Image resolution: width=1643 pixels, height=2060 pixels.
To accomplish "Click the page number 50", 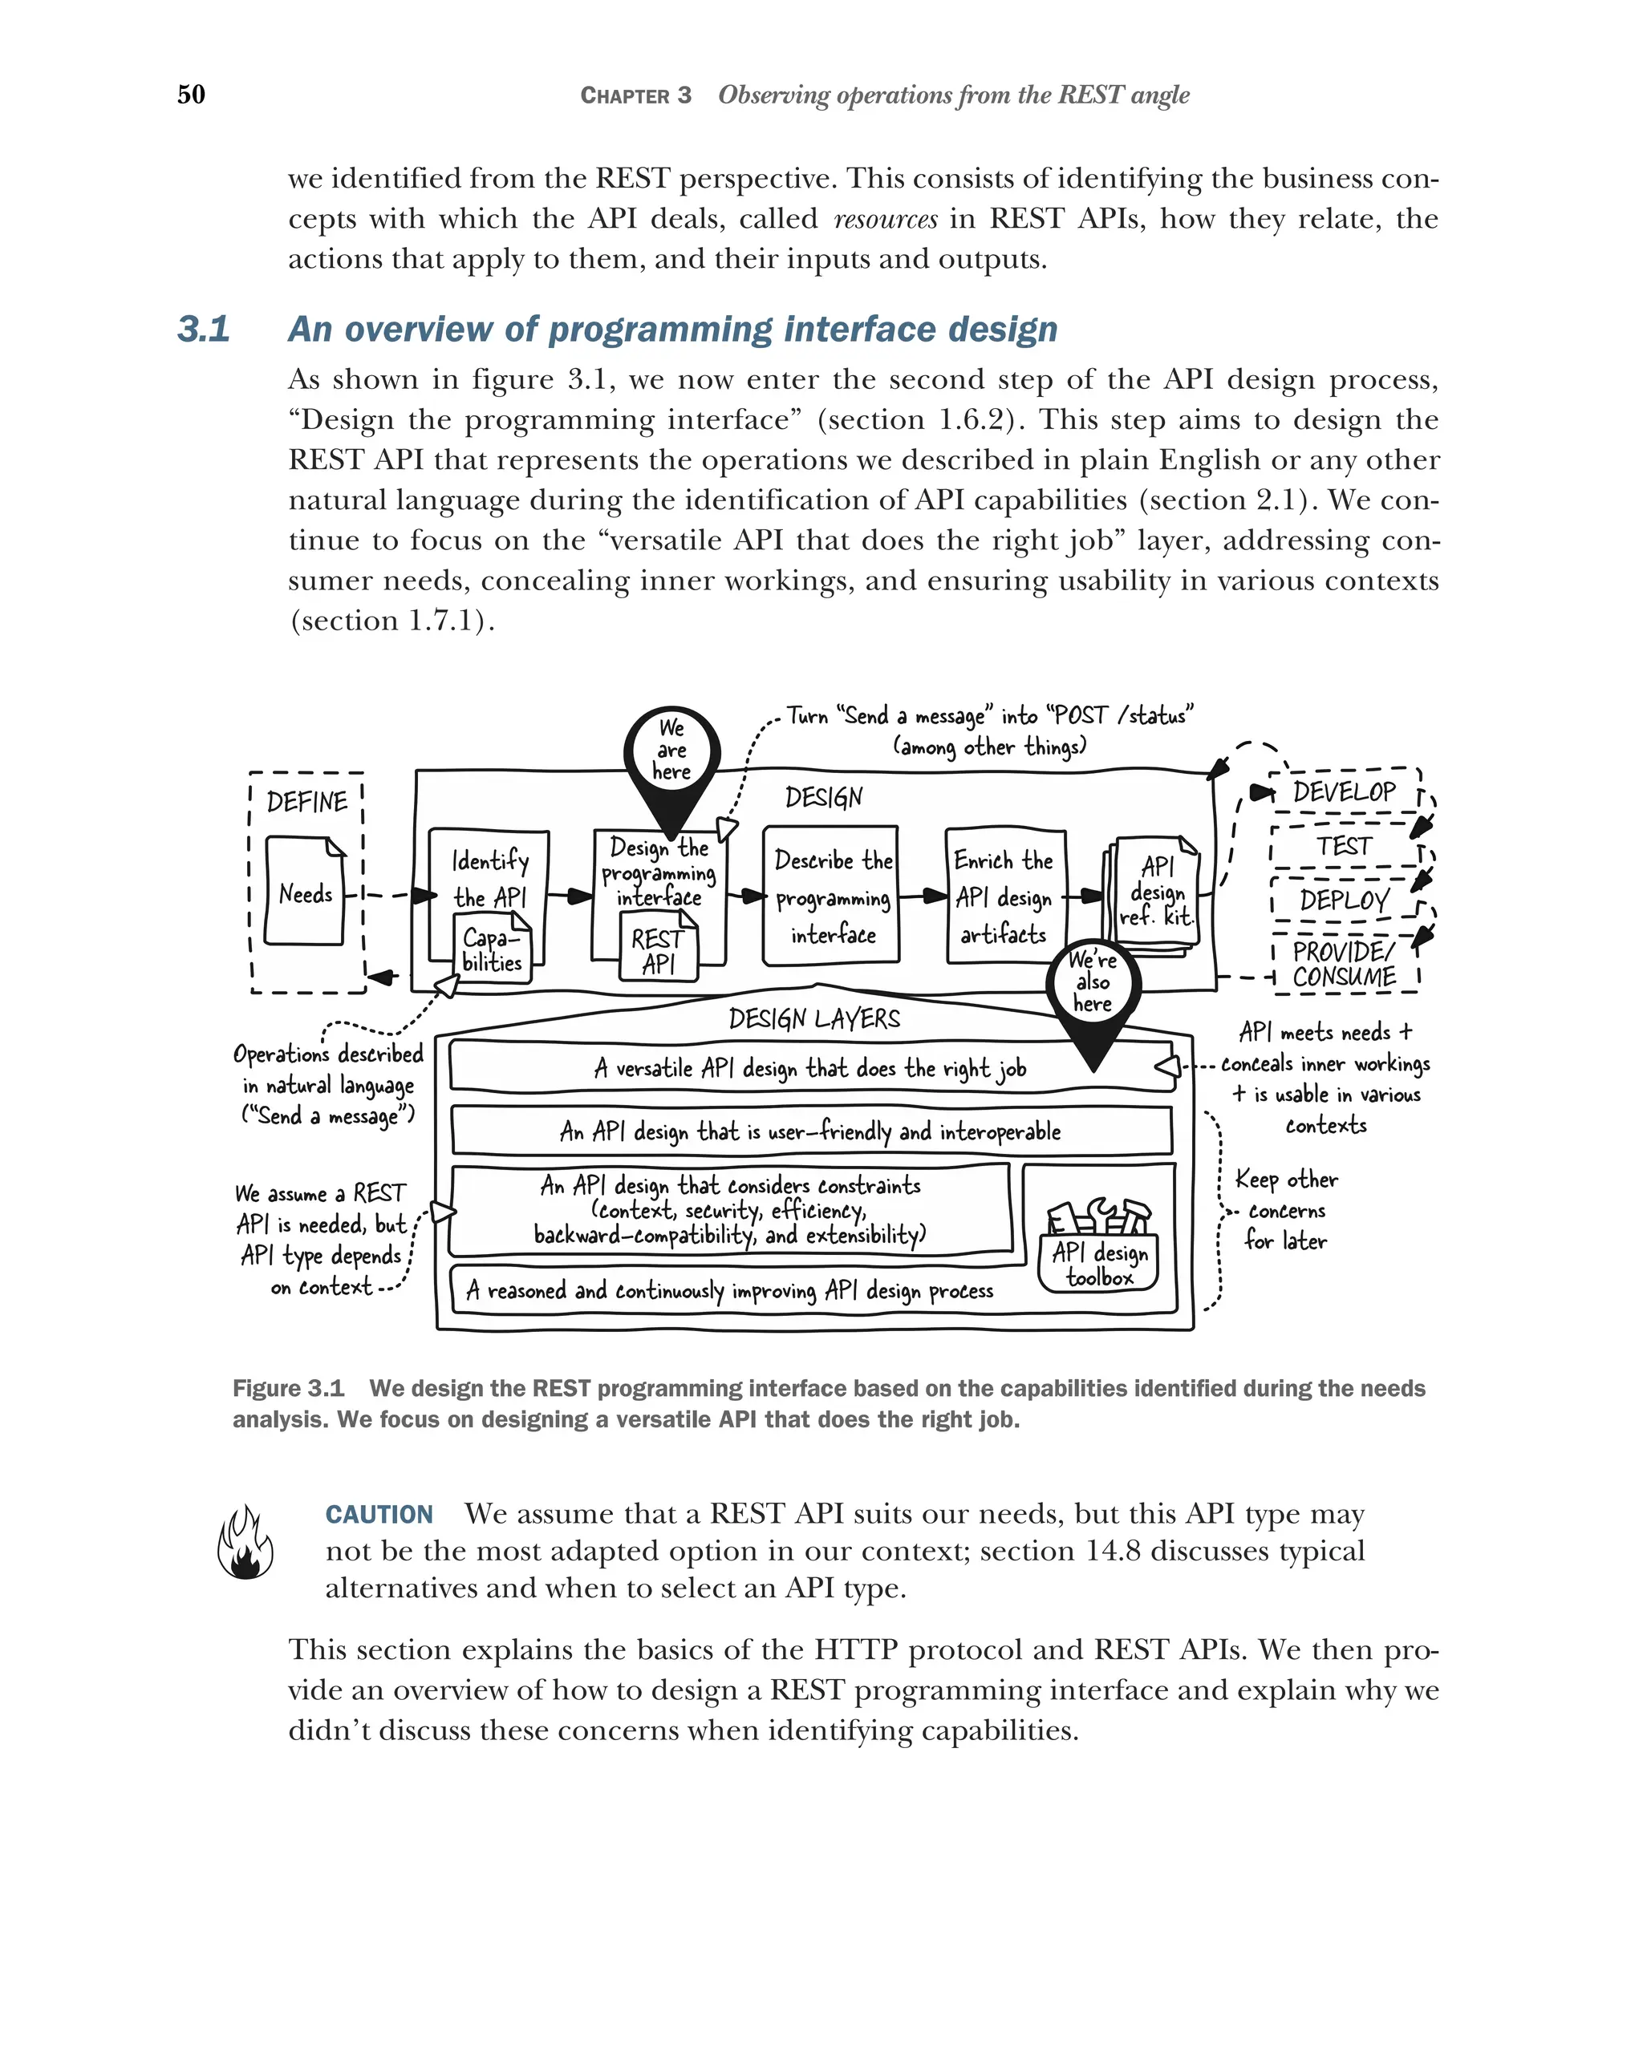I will click(x=191, y=94).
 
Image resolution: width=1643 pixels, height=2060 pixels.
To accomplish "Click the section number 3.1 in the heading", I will click(x=204, y=329).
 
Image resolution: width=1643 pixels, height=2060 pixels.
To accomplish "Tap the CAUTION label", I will click(x=379, y=1515).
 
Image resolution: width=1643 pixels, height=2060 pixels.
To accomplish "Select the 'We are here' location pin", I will click(x=671, y=755).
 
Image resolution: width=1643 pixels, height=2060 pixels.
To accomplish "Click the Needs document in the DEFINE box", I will click(x=305, y=892).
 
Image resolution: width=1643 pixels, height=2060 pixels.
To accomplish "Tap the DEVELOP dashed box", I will click(x=1343, y=792).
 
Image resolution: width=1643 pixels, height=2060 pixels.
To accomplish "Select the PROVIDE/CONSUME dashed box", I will click(x=1343, y=964).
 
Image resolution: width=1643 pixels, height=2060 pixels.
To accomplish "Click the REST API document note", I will click(x=659, y=949).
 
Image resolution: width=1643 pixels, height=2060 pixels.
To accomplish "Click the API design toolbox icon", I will click(x=1099, y=1242).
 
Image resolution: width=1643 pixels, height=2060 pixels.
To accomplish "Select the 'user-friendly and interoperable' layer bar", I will click(x=810, y=1131).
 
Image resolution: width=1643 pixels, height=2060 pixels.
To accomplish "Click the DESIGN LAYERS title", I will click(x=813, y=1018).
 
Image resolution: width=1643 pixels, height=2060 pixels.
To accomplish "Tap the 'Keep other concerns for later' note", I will click(x=1285, y=1210).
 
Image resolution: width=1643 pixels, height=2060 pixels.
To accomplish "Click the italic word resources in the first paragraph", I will click(x=885, y=220).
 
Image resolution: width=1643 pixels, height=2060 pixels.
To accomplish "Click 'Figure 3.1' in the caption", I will click(x=288, y=1388).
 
